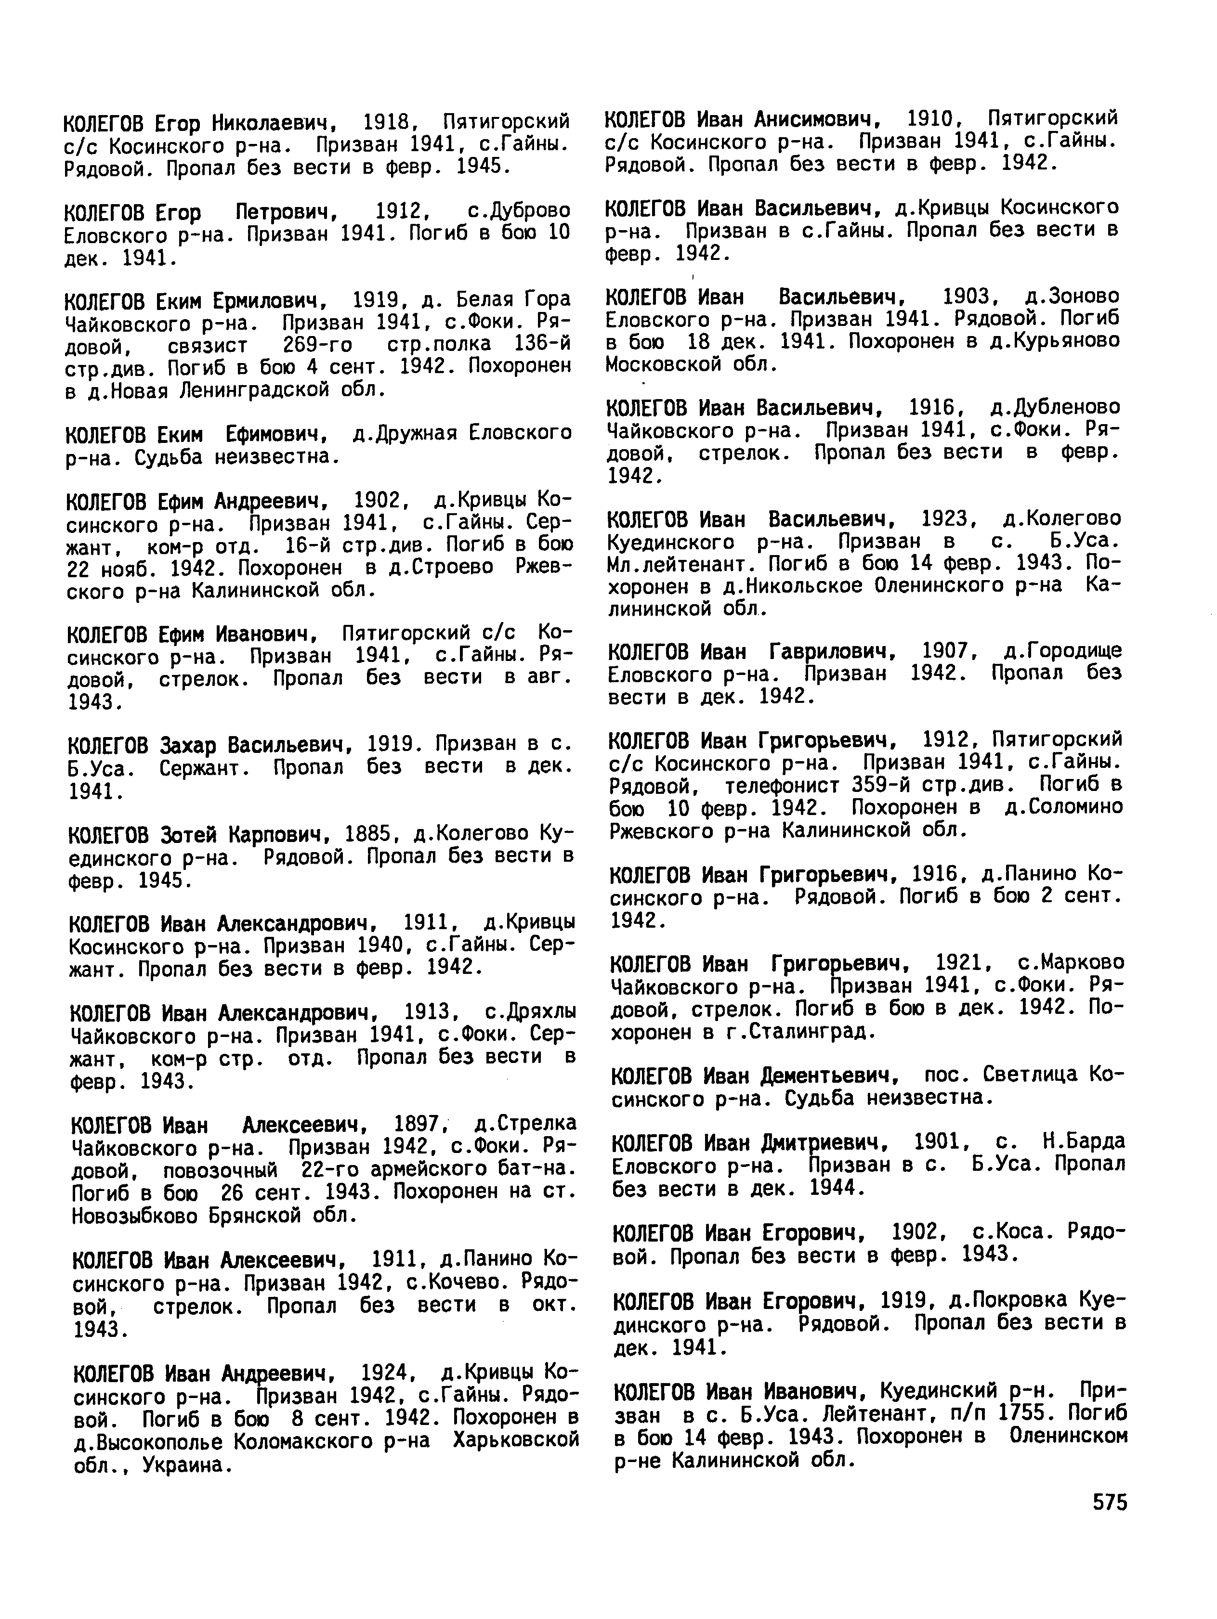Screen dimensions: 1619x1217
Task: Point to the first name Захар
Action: (188, 745)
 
